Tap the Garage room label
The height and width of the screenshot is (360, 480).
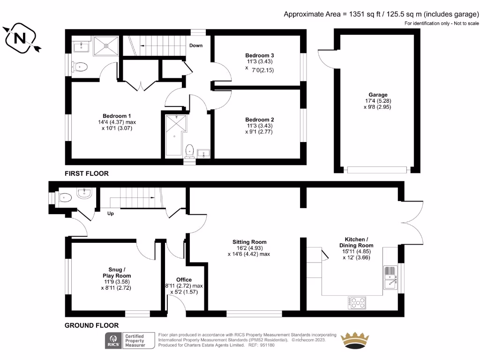tap(376, 95)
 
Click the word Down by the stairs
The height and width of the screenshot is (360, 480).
tap(196, 46)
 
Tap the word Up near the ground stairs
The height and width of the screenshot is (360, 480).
tap(111, 213)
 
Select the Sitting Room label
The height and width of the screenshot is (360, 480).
tap(249, 242)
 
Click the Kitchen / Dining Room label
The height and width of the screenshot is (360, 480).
tap(356, 242)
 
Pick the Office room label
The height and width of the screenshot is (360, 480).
tap(184, 280)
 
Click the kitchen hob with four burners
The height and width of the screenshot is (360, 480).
tap(357, 303)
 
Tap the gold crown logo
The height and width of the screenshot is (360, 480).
tap(355, 340)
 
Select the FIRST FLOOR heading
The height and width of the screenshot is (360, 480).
tap(87, 173)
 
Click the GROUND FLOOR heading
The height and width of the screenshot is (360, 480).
tap(91, 325)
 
